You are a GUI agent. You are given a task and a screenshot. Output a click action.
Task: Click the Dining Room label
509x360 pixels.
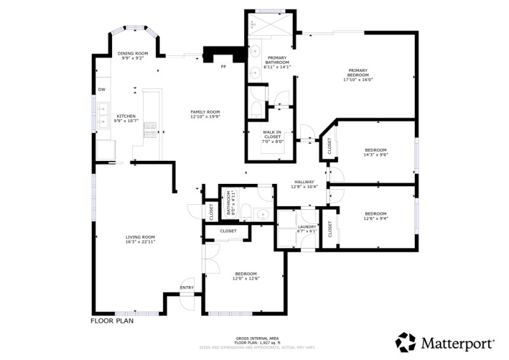[132, 53]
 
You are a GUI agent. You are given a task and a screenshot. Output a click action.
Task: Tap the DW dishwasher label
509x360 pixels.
[101, 89]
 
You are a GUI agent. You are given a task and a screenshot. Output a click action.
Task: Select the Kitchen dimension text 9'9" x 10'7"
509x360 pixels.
[125, 121]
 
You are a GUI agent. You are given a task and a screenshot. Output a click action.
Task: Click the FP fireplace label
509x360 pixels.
[223, 66]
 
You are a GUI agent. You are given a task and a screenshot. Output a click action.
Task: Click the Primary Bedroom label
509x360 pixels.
[358, 71]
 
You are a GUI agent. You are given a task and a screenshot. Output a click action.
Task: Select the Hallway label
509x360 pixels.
[304, 182]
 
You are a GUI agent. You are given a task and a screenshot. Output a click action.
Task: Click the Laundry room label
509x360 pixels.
[307, 227]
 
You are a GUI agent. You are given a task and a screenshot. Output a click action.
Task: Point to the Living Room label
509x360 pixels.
[140, 237]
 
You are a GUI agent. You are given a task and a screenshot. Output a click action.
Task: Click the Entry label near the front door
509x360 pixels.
[187, 287]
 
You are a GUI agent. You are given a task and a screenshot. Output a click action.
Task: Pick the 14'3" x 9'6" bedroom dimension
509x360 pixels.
[375, 155]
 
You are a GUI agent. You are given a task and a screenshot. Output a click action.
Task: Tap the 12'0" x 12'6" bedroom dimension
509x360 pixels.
[245, 278]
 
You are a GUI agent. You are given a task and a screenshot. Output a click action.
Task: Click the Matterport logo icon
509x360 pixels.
[405, 343]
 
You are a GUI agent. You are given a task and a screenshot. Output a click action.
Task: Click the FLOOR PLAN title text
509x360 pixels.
[112, 321]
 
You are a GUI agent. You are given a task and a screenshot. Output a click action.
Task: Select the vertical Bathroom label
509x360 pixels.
[227, 203]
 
